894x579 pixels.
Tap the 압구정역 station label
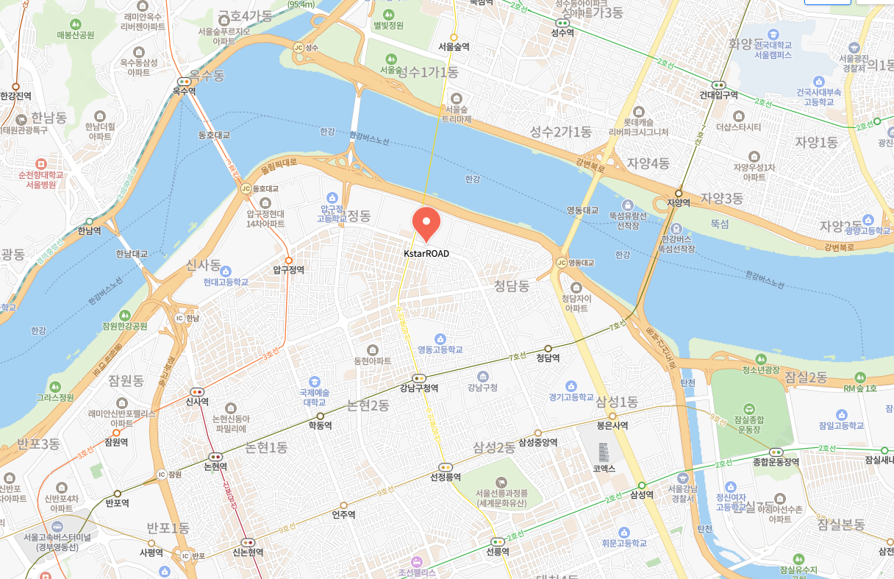point(288,270)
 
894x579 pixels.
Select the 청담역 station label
point(548,358)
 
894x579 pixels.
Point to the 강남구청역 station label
point(419,388)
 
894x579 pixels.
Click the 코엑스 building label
point(604,468)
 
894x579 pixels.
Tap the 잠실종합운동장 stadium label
point(748,423)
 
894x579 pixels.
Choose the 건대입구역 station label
point(718,95)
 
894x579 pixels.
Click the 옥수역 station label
point(184,91)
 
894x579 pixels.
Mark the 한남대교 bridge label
point(132,254)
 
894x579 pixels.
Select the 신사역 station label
point(197,402)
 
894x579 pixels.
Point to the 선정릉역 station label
point(446,477)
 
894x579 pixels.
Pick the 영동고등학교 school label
point(440,349)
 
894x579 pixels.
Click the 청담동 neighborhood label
point(512,285)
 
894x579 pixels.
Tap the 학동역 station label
point(320,425)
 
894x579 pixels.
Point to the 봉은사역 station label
point(612,425)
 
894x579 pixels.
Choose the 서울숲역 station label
point(454,46)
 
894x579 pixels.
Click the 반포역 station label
point(117,503)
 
